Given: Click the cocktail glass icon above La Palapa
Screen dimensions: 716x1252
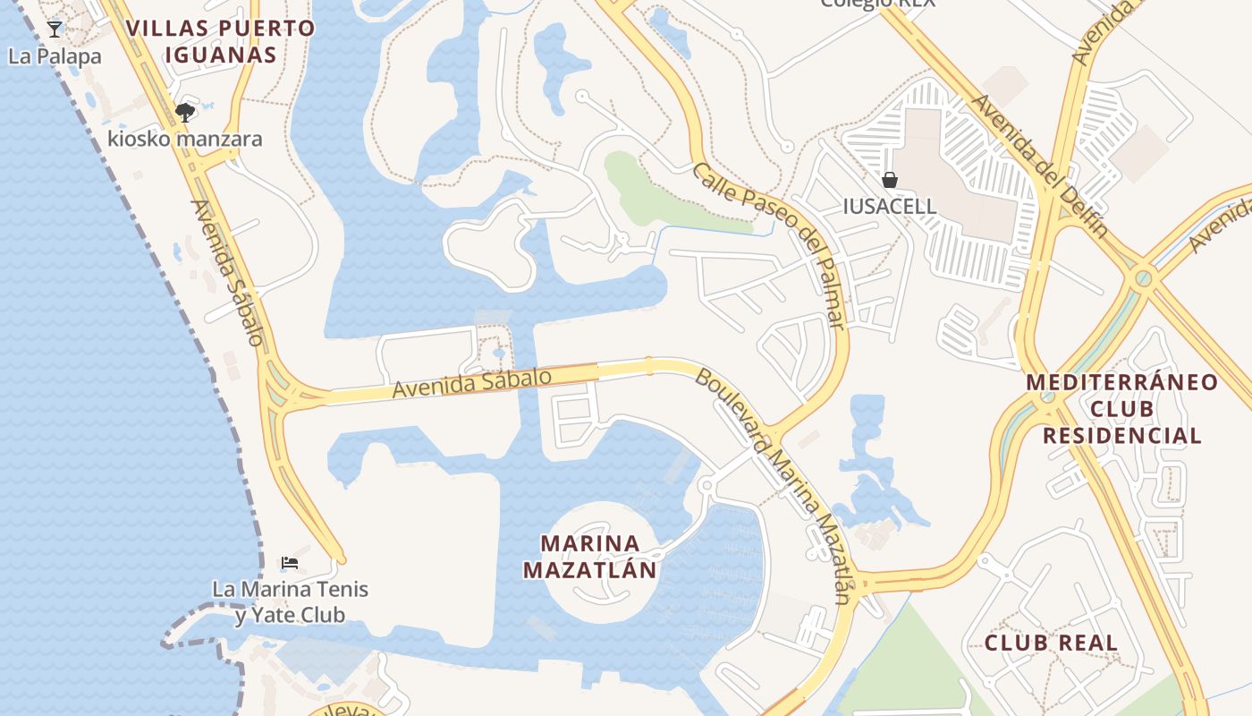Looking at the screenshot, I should coord(55,30).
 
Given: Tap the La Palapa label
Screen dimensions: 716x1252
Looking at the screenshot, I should coord(55,56).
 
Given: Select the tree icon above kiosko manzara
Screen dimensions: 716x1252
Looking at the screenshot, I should coord(185,113).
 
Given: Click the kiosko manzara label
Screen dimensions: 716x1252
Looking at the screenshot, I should coord(185,139).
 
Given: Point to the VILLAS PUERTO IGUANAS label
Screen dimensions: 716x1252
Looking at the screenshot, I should coord(220,41).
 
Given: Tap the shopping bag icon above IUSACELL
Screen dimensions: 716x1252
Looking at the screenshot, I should coord(890,180).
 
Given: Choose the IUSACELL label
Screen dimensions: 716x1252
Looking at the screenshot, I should coord(890,207).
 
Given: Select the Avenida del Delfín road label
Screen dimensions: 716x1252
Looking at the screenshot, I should coord(1040,166).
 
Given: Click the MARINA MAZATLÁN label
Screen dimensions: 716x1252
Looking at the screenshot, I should coord(590,557).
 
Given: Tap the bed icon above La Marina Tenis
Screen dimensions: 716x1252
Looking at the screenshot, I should coord(289,563).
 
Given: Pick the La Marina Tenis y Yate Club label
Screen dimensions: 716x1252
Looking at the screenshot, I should coord(290,602).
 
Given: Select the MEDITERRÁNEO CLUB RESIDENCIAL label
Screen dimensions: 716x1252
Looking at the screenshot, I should coord(1121,409).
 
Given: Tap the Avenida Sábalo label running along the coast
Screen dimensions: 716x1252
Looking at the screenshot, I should coord(228,272).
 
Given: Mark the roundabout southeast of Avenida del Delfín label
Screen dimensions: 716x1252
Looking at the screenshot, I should coord(1143,279).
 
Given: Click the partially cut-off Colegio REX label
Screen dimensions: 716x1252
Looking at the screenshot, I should coord(878,4).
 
